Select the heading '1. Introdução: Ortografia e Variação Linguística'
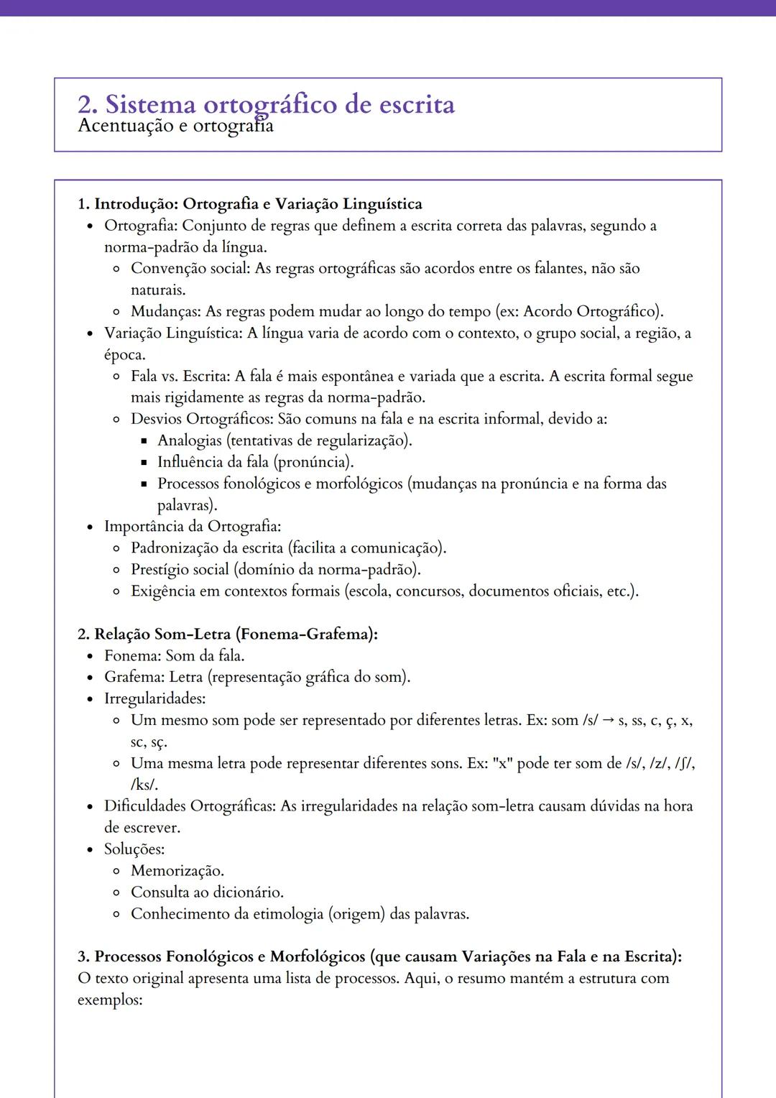pos(250,204)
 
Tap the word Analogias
pos(190,440)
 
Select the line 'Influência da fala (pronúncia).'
pos(256,462)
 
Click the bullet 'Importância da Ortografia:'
pos(193,527)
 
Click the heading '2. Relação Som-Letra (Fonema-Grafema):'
pos(228,635)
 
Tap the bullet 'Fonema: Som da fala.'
pos(175,656)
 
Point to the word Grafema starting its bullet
pos(134,678)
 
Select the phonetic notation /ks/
pos(144,785)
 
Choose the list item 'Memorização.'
pos(177,871)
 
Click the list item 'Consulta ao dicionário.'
pos(207,892)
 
